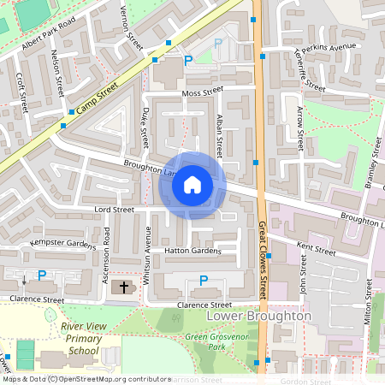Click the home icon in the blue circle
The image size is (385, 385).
pyautogui.click(x=192, y=185)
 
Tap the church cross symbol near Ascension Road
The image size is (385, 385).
pyautogui.click(x=124, y=287)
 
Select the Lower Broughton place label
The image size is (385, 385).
pyautogui.click(x=259, y=316)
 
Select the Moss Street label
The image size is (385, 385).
pyautogui.click(x=201, y=92)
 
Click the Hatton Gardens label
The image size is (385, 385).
pyautogui.click(x=193, y=251)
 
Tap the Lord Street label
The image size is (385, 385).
pyautogui.click(x=115, y=209)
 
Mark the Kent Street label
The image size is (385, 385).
pyautogui.click(x=316, y=249)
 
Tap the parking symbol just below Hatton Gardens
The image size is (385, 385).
pyautogui.click(x=203, y=280)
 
